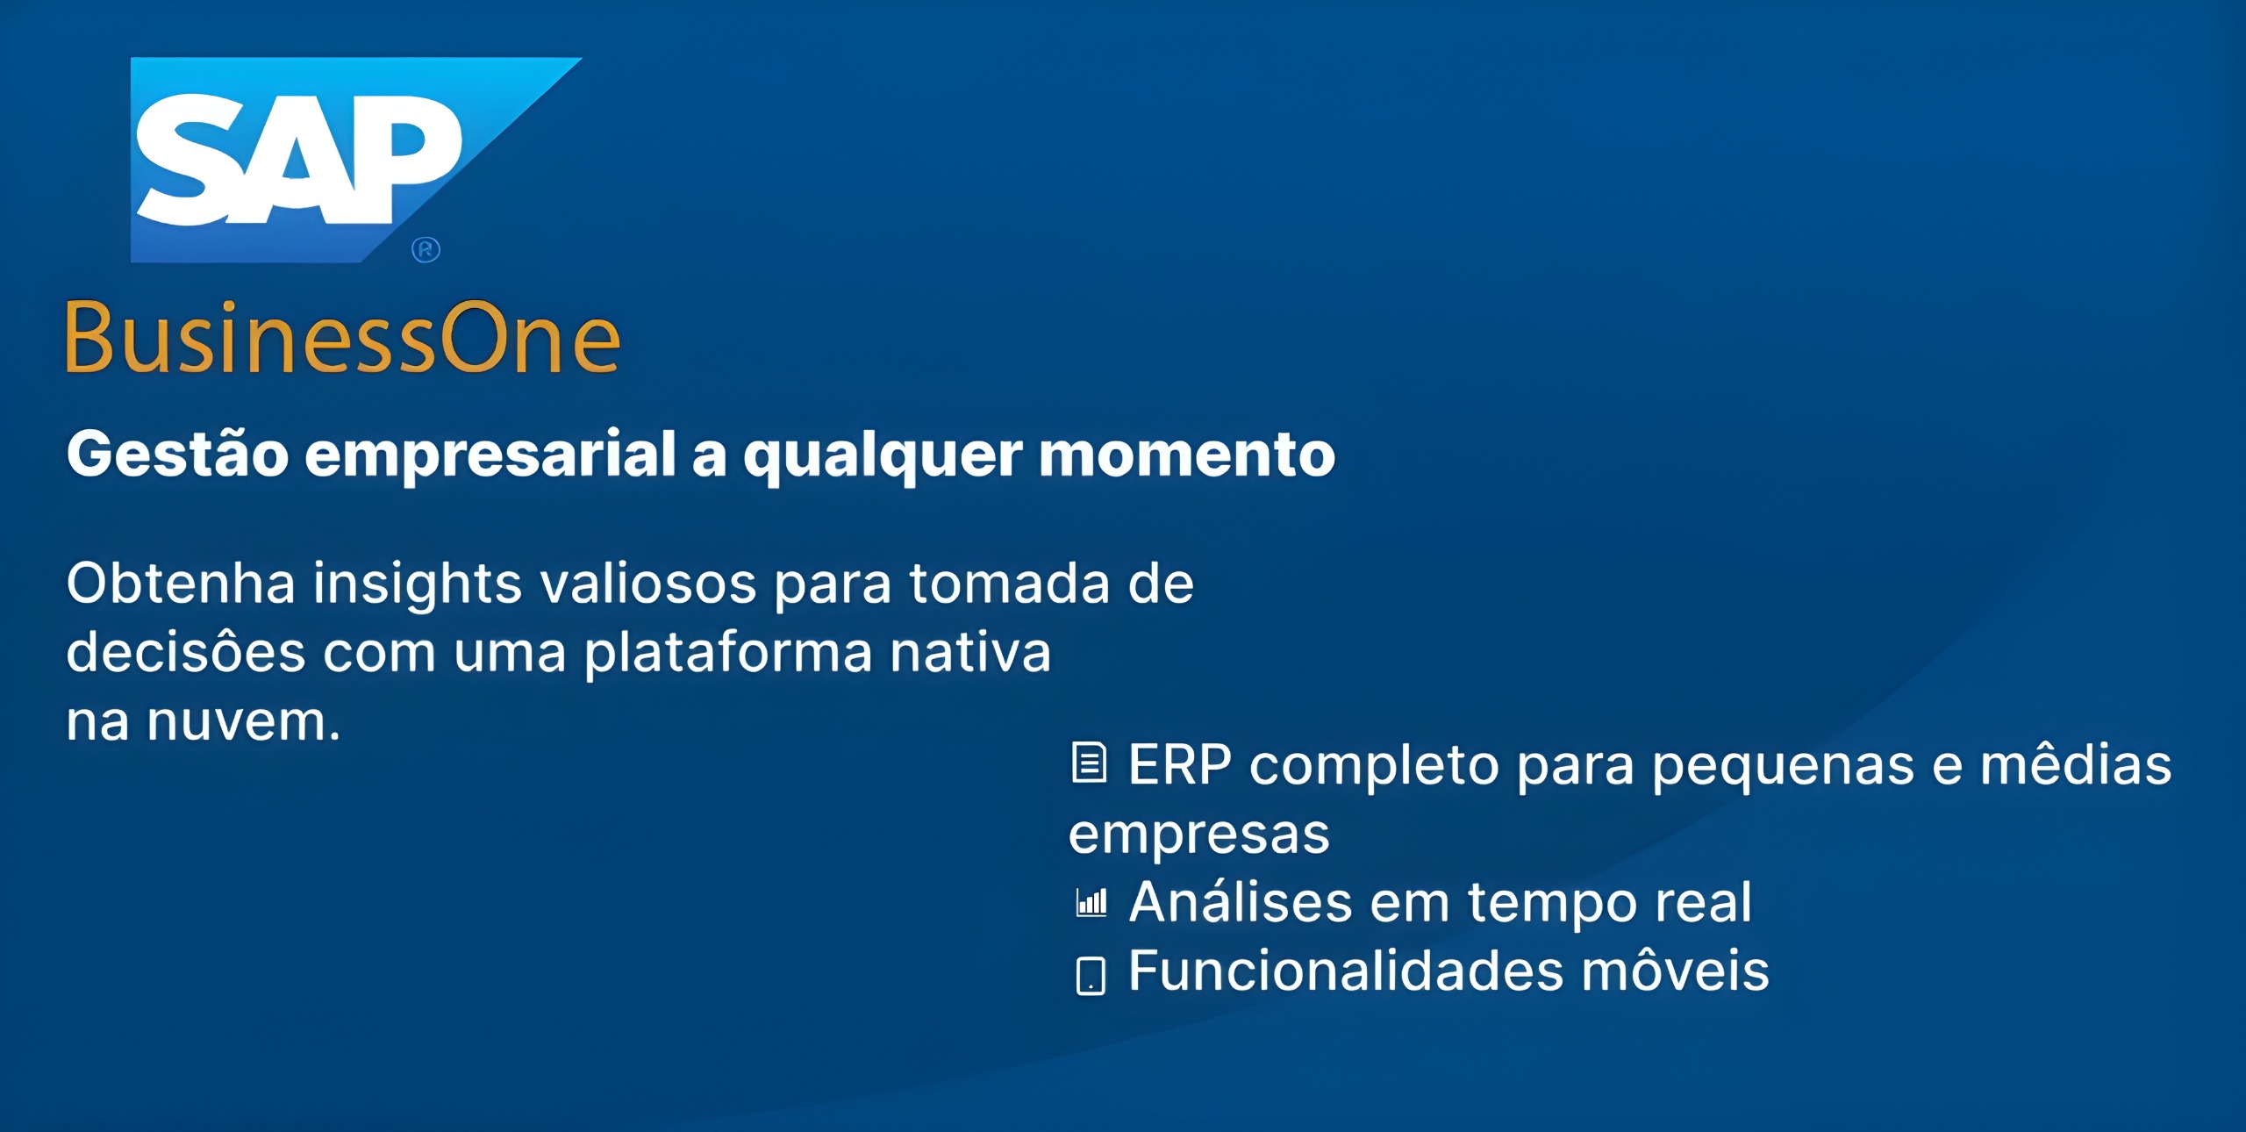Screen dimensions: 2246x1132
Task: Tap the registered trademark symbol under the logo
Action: pos(426,250)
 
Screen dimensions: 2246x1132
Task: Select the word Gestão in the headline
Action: pos(177,454)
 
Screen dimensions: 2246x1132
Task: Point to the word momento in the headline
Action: pos(1187,455)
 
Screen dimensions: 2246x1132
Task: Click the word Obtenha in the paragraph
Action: pos(181,583)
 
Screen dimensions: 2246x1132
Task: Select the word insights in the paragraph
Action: pos(418,584)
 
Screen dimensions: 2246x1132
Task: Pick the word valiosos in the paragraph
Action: pos(648,583)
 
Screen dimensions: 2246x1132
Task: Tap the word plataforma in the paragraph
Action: pos(729,653)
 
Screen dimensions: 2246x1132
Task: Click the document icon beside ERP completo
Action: pos(1090,762)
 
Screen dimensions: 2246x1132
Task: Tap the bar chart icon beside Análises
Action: pos(1091,902)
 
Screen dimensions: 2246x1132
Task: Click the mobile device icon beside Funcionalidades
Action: pos(1091,975)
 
